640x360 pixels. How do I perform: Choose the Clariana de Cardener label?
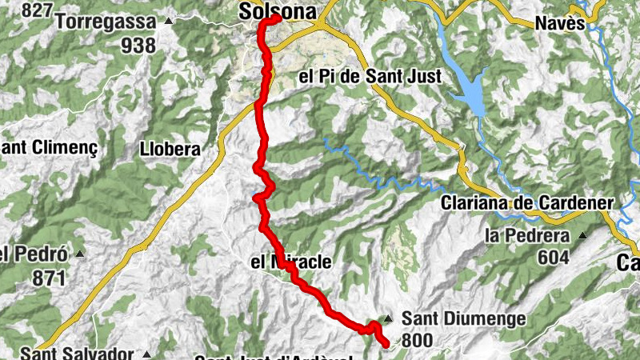(x=526, y=203)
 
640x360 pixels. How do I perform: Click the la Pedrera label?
(x=527, y=236)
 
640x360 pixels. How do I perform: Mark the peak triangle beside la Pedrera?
(x=582, y=235)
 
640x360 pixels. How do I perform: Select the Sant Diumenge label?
(x=463, y=318)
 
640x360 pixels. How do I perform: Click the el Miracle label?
(x=290, y=262)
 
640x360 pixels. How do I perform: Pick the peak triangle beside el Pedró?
(x=79, y=254)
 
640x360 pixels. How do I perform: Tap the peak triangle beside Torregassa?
(x=168, y=19)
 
